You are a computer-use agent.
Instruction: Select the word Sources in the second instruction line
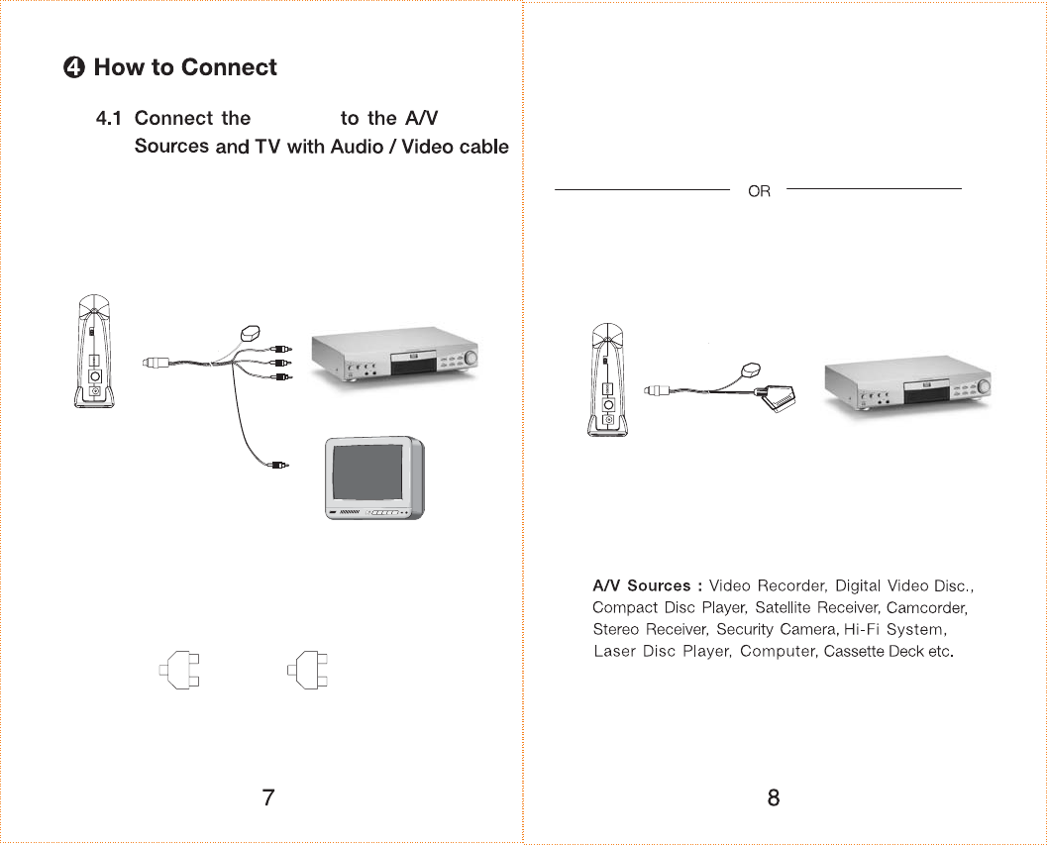pyautogui.click(x=171, y=147)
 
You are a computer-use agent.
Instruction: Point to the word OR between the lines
pyautogui.click(x=759, y=191)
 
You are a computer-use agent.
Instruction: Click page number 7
pyautogui.click(x=267, y=797)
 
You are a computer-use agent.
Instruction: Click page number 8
pyautogui.click(x=774, y=797)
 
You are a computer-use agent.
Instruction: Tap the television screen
pyautogui.click(x=368, y=474)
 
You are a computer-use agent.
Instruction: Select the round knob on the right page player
pyautogui.click(x=984, y=385)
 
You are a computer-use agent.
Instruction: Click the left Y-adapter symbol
pyautogui.click(x=180, y=671)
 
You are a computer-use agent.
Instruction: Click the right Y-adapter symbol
pyautogui.click(x=308, y=671)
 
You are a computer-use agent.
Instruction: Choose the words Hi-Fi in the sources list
pyautogui.click(x=861, y=629)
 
